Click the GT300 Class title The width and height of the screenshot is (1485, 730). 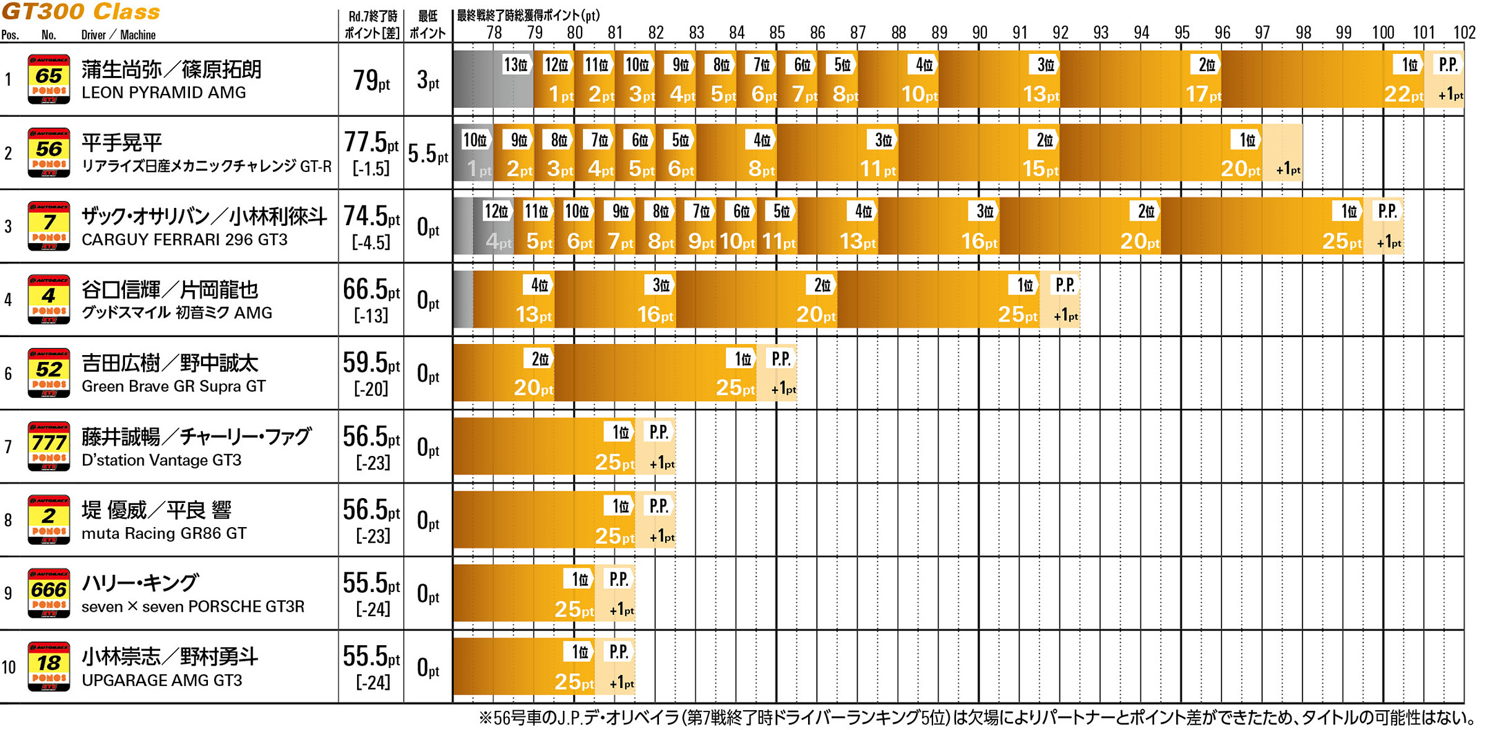coord(81,12)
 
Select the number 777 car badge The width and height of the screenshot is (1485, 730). coord(48,446)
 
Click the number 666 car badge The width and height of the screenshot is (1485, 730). coord(48,593)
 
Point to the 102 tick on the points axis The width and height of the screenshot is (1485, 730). coord(1464,33)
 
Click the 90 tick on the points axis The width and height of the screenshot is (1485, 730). coord(979,33)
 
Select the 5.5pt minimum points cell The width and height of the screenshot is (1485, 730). coord(428,153)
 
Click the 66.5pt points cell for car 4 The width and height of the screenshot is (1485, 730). coord(371,290)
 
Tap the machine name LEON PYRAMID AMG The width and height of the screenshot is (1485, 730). coord(164,93)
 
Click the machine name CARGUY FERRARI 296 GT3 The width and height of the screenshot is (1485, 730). coord(184,239)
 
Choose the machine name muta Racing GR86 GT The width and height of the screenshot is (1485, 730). coord(164,533)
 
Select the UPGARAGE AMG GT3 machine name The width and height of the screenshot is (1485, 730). coord(161,681)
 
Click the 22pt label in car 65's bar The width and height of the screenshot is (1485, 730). coord(1403,94)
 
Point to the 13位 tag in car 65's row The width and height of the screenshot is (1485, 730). coord(515,64)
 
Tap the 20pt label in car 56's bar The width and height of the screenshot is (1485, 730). coord(1240,168)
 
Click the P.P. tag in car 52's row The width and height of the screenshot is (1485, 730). coord(781,359)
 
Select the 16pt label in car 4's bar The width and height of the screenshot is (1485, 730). coord(655,315)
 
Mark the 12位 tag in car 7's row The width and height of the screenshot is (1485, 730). coord(496,212)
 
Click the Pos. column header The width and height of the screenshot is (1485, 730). coord(10,35)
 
